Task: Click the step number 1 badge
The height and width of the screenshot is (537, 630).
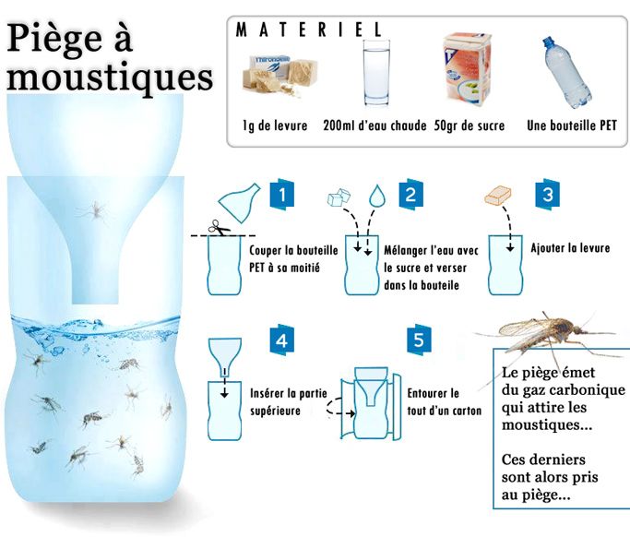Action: coord(282,195)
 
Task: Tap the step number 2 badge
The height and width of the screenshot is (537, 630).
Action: coord(411,195)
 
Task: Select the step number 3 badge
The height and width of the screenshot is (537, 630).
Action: coord(548,195)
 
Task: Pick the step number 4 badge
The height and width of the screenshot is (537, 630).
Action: coord(281,340)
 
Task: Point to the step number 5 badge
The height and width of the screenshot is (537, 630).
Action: coord(419,340)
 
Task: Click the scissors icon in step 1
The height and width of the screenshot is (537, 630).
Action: coord(219,228)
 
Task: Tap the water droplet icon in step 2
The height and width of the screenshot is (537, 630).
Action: coord(377,196)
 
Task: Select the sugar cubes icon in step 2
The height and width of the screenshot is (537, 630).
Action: coord(339,197)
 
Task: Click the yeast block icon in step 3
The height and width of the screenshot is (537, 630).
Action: coord(498,196)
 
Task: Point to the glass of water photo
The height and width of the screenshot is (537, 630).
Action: coord(376,73)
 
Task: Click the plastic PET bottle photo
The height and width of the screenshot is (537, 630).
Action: coord(566,72)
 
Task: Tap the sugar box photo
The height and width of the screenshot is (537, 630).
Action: coord(468,69)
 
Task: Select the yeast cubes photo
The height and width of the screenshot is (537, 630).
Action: coord(280,77)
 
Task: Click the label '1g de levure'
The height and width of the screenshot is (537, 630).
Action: coord(275,125)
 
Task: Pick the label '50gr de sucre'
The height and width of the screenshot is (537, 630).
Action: coord(470,125)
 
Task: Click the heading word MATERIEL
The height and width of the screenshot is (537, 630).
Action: coord(309,30)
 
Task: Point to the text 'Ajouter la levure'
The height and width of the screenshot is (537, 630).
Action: coord(570,248)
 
